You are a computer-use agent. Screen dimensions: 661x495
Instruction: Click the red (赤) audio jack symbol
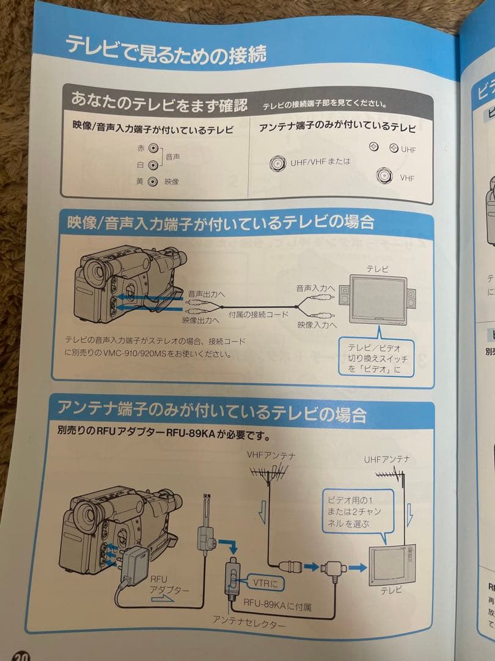153,149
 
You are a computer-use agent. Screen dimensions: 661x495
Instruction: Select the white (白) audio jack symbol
153,165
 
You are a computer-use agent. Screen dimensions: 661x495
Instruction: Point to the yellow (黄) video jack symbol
153,181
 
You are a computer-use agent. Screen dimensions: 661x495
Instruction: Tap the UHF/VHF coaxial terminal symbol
279,163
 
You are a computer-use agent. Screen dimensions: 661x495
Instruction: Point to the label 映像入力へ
317,324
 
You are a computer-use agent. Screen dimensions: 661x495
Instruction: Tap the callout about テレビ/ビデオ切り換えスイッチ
377,357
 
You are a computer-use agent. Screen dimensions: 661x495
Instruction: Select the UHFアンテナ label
386,458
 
